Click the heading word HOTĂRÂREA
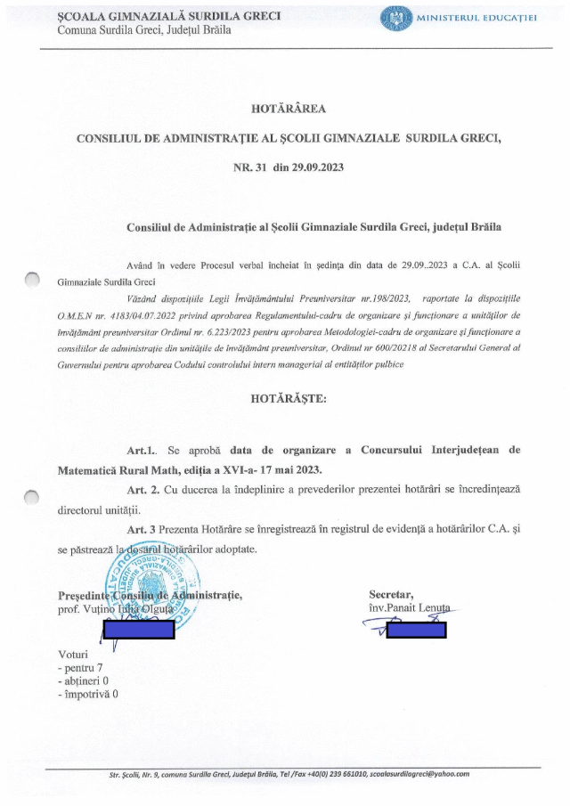(x=289, y=110)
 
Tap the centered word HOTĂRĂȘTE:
(x=289, y=398)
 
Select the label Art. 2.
(x=143, y=490)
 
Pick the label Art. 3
(x=142, y=529)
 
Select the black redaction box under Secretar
(x=417, y=631)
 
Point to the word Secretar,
(x=391, y=594)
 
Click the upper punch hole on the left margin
(x=34, y=281)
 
